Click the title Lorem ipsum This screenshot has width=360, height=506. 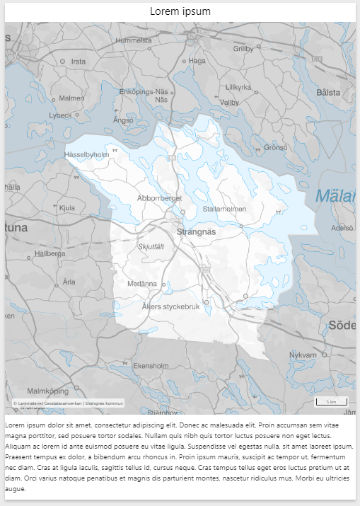pyautogui.click(x=180, y=11)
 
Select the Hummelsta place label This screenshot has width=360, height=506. pyautogui.click(x=134, y=40)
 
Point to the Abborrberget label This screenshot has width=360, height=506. pyautogui.click(x=160, y=198)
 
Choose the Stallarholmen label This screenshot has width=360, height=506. pyautogui.click(x=224, y=209)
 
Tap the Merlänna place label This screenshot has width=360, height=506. pyautogui.click(x=142, y=283)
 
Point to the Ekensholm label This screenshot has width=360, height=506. pyautogui.click(x=151, y=366)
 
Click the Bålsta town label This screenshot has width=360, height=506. pyautogui.click(x=329, y=92)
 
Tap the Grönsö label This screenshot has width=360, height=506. pyautogui.click(x=276, y=147)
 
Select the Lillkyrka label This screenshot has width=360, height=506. pyautogui.click(x=238, y=87)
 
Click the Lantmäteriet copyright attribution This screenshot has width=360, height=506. pyautogui.click(x=68, y=403)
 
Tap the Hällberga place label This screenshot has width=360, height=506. pyautogui.click(x=50, y=253)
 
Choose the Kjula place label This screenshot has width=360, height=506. pyautogui.click(x=67, y=208)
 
